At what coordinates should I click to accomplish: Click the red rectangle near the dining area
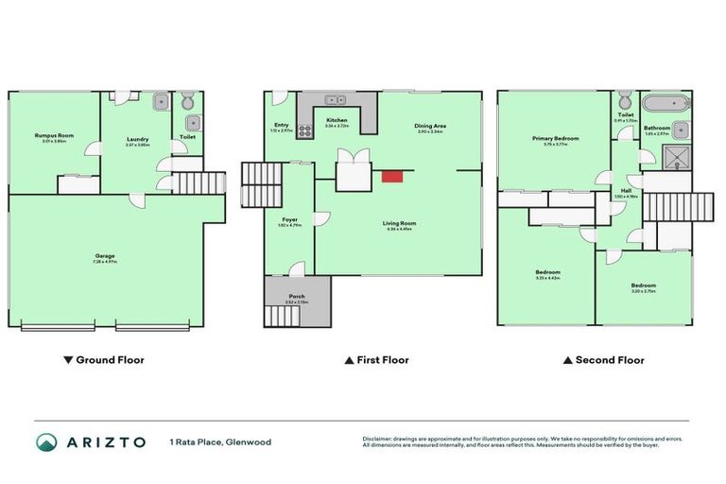click(x=391, y=175)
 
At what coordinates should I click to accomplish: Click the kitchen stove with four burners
click(x=305, y=131)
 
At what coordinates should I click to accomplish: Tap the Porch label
click(x=298, y=296)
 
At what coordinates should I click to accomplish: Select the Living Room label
click(x=401, y=223)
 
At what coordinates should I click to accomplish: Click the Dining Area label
click(x=430, y=127)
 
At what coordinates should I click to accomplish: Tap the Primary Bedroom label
click(x=555, y=138)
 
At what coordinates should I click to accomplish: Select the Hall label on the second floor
click(x=626, y=190)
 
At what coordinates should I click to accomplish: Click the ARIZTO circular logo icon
click(x=45, y=441)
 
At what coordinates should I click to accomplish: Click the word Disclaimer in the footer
click(x=379, y=438)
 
